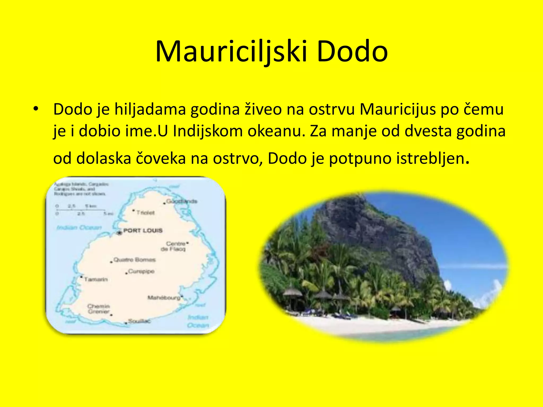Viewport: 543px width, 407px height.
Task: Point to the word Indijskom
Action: tap(208, 131)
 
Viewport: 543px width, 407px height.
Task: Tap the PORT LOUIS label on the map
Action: tap(143, 231)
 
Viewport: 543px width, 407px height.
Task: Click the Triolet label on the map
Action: tap(145, 213)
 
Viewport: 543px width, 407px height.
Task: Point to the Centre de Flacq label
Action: tap(174, 246)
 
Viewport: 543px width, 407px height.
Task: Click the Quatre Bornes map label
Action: tap(134, 260)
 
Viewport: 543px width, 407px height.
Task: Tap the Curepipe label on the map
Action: tap(141, 271)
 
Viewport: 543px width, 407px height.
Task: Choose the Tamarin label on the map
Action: tap(96, 279)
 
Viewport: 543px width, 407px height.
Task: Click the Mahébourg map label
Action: tap(164, 298)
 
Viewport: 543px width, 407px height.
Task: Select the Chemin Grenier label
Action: tap(98, 309)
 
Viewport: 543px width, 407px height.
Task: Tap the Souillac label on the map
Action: tap(139, 321)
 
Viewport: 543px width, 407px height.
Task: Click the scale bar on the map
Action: tap(81, 210)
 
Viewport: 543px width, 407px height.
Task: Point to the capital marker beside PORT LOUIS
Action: tap(119, 233)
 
